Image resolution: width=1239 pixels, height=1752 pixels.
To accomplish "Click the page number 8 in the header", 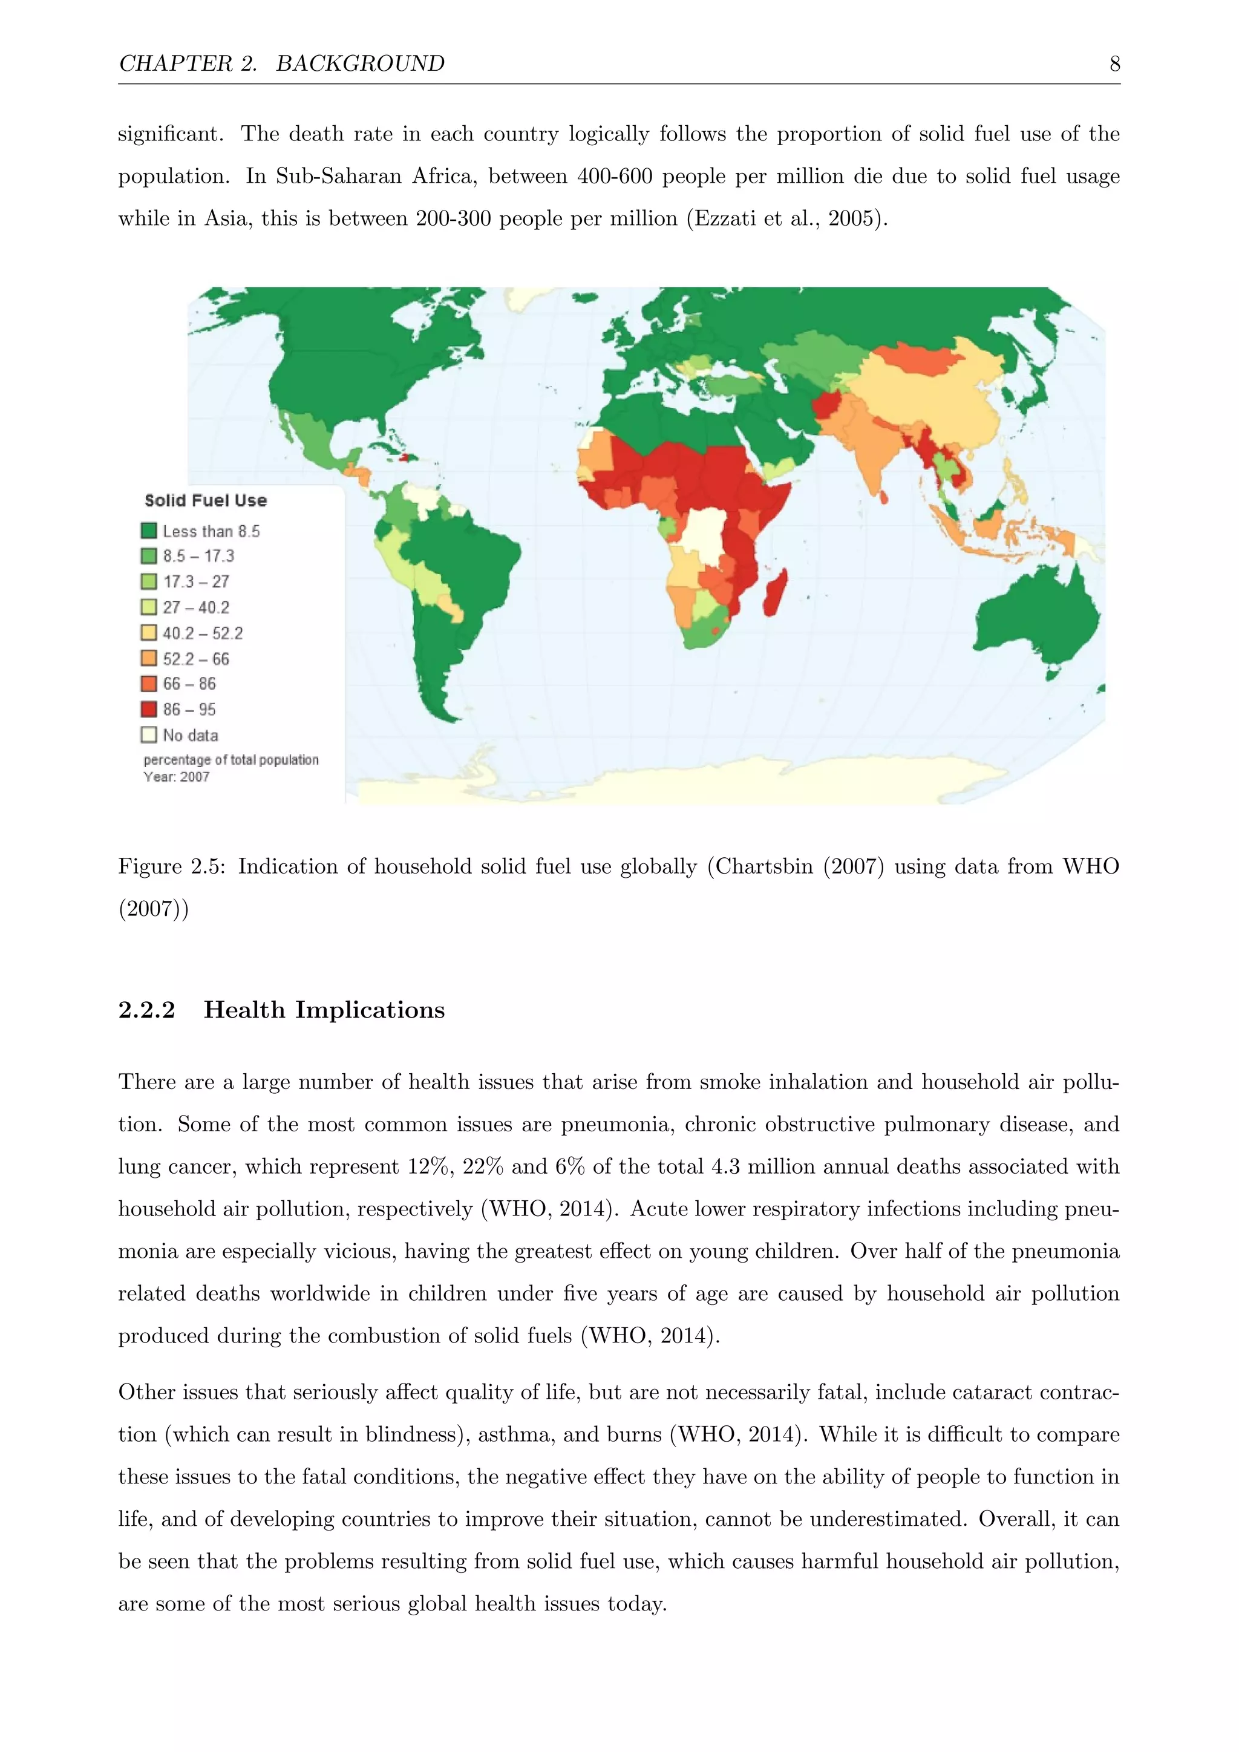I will [1114, 64].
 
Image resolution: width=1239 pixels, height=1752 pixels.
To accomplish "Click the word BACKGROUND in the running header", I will [360, 64].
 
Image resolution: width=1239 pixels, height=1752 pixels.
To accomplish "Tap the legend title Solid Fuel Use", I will [206, 500].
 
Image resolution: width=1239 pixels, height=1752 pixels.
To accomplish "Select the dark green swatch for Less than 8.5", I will [149, 531].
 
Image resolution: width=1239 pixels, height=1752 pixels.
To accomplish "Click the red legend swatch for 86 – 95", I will [149, 710].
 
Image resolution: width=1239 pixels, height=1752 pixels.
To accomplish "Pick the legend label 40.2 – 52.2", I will [203, 633].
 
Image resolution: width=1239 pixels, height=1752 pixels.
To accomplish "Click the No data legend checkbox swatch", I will [149, 735].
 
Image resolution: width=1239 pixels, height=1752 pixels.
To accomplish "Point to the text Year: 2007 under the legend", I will [176, 777].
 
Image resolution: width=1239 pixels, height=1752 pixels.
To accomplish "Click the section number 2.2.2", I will [146, 1010].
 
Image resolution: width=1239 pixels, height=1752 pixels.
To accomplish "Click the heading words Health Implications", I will [324, 1010].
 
